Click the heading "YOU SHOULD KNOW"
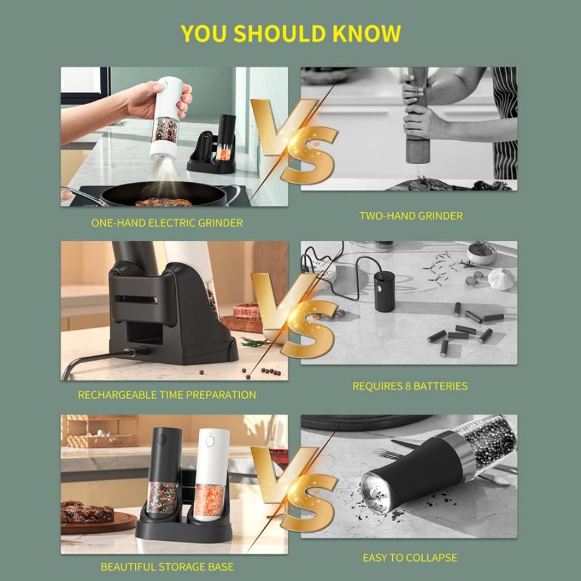pos(291,34)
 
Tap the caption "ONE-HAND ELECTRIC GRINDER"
pos(167,223)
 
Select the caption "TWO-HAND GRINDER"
pos(411,216)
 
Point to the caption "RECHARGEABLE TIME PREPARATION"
pos(167,395)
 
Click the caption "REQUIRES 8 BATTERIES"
pos(410,386)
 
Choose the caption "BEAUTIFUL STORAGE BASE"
pos(167,567)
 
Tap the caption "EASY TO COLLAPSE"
pos(410,558)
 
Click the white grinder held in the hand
pos(166,118)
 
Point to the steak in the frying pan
pos(164,202)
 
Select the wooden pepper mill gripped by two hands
pos(417,115)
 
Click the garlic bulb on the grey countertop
pos(500,279)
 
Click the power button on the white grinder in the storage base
pos(210,441)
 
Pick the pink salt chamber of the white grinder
pos(209,501)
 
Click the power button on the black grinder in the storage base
pos(162,440)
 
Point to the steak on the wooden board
pos(87,512)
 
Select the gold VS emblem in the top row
pos(293,141)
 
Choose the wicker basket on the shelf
pos(100,431)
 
